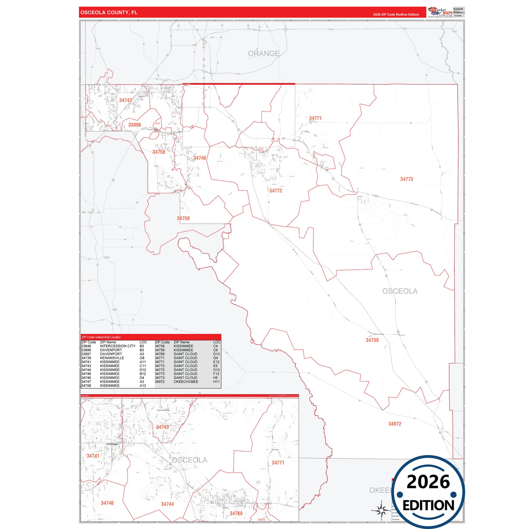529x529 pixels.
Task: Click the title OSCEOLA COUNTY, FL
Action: [x=109, y=12]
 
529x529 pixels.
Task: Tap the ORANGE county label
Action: [x=264, y=53]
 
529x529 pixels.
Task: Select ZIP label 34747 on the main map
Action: [x=125, y=100]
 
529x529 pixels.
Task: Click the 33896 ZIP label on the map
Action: [x=134, y=125]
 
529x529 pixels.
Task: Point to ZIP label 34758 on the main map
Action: [x=159, y=152]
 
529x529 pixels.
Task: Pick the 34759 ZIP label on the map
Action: [x=183, y=218]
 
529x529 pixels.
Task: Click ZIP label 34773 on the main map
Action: [x=406, y=179]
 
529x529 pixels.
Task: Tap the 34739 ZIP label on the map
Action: [x=372, y=340]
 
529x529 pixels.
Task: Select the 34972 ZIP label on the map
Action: [x=395, y=424]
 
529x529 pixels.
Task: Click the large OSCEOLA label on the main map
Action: [x=400, y=291]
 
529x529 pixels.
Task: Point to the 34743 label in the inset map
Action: [x=163, y=427]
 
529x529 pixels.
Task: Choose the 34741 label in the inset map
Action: [x=93, y=456]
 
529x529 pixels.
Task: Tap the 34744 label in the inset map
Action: [x=167, y=504]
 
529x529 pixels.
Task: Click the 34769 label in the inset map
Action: [x=236, y=513]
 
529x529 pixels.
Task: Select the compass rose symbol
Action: [x=381, y=510]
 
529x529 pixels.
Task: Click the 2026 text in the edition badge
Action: [x=428, y=482]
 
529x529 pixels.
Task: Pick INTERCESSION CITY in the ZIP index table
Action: [x=118, y=346]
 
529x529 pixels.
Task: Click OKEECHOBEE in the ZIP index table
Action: [x=186, y=381]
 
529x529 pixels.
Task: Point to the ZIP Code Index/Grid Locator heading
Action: [x=101, y=337]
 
